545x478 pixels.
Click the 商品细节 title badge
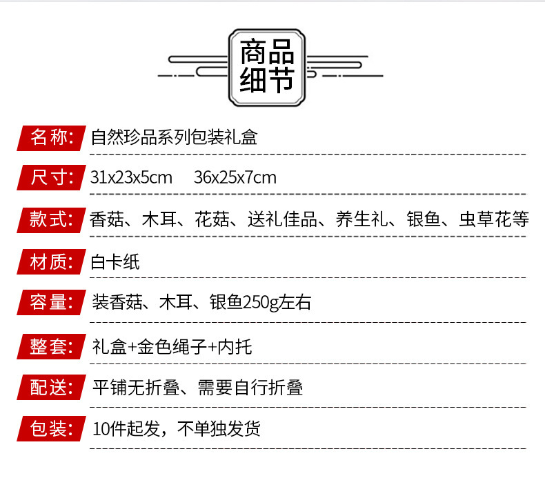tap(267, 67)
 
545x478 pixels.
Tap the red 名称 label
tap(51, 137)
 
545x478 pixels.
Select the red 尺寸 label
tap(51, 178)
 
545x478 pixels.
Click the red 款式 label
tap(51, 220)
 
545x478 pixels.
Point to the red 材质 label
tap(51, 262)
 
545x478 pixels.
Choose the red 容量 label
tap(51, 303)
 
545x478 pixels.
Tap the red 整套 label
tap(51, 346)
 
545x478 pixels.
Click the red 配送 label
tap(51, 388)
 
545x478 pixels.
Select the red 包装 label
tap(51, 429)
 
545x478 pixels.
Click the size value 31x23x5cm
tap(131, 178)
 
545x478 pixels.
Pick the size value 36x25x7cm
tap(235, 178)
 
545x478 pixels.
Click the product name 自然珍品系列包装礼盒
tap(174, 137)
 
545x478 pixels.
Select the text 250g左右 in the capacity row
tap(277, 303)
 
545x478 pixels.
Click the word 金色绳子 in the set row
tap(172, 346)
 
